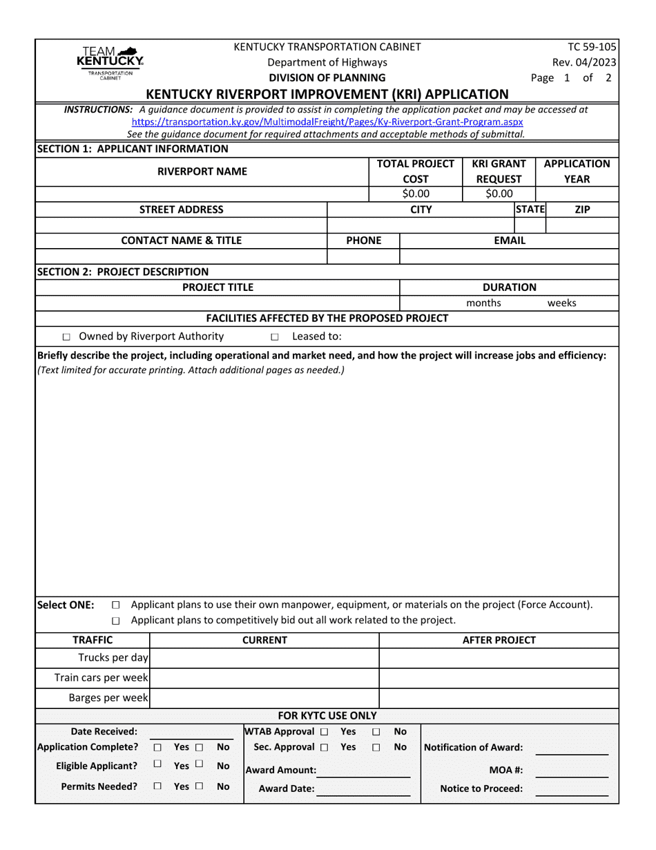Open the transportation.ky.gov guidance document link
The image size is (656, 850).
(x=327, y=122)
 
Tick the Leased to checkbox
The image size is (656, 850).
(x=274, y=337)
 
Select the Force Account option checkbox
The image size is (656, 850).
(x=115, y=605)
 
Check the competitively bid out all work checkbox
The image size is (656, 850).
(x=115, y=620)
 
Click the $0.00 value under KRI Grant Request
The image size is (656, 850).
(x=499, y=193)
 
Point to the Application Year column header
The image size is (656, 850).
(x=577, y=171)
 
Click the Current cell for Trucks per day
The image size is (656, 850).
(x=264, y=657)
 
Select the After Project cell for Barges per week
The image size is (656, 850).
(x=498, y=698)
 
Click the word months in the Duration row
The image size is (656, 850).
(x=483, y=303)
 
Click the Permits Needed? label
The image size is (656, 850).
(x=99, y=786)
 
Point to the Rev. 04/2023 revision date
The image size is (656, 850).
(x=590, y=62)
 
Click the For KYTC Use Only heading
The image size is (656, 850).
(x=327, y=715)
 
